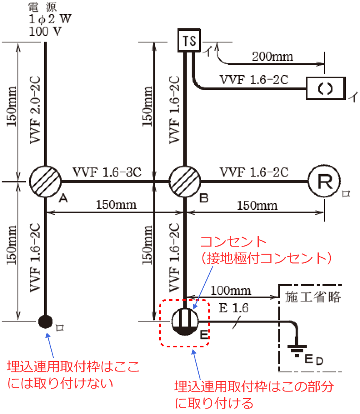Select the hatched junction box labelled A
pos(45,182)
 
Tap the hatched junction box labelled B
pos(185,182)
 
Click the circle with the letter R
pos(324,182)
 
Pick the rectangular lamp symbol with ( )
pos(326,88)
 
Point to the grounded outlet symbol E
pos(185,322)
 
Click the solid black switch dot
pos(45,321)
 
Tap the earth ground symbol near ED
pos(297,348)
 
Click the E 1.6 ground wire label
pos(234,309)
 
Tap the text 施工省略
pos(313,297)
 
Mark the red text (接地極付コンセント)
pos(265,258)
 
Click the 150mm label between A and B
pos(116,205)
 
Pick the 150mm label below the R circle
pos(257,205)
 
